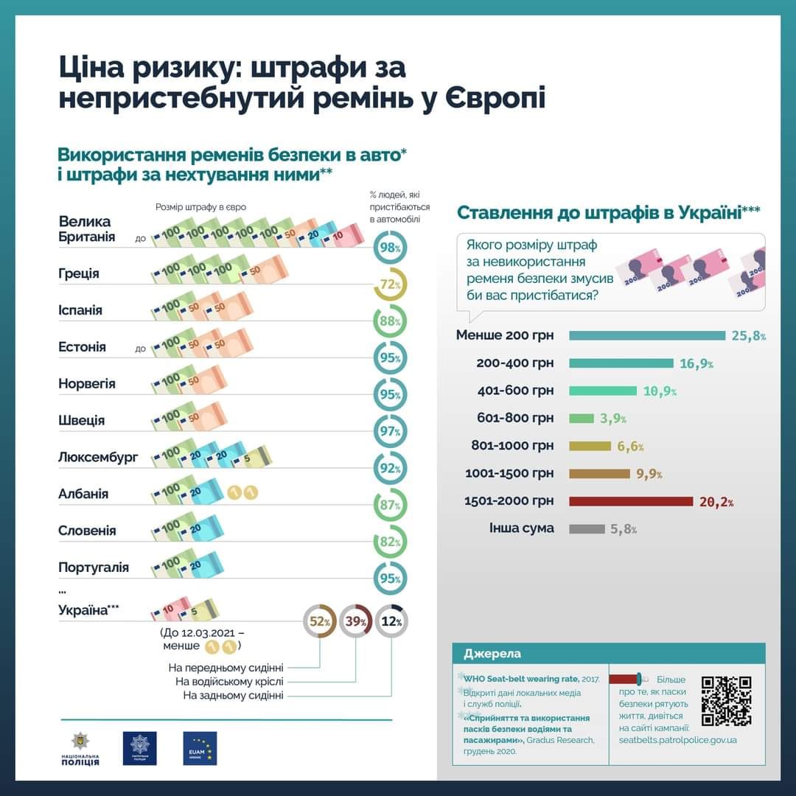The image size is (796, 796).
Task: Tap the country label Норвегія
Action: pos(87,383)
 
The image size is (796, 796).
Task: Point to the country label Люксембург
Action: pos(98,457)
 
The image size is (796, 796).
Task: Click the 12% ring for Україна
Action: pos(391,621)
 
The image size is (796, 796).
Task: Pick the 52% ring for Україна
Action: pos(320,621)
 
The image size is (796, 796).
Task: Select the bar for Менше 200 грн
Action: pos(647,336)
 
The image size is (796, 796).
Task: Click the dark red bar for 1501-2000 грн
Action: pos(631,501)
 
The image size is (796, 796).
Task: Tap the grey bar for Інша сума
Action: pos(587,528)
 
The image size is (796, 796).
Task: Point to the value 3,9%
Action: pos(613,419)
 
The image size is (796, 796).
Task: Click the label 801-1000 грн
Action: pos(512,446)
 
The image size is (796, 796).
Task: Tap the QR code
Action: pos(726,700)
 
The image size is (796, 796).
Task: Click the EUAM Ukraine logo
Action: pos(200,748)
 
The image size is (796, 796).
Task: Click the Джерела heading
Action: pos(492,654)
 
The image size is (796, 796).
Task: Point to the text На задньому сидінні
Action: pos(233,695)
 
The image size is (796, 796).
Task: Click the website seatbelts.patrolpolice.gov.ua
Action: pos(677,739)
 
